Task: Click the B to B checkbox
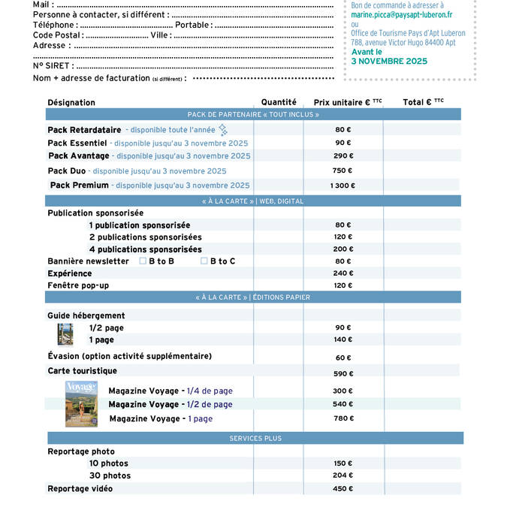tap(143, 261)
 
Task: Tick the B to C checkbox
tap(204, 261)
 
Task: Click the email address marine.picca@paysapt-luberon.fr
tap(401, 14)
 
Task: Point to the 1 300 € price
tap(343, 186)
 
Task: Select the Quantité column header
tap(279, 102)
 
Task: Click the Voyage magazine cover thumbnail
tap(81, 404)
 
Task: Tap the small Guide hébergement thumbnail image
tap(65, 334)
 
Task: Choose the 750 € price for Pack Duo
tap(343, 171)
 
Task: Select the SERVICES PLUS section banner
tap(255, 438)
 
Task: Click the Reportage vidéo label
tap(80, 489)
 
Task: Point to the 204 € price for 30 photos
tap(343, 475)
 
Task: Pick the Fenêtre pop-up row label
tap(78, 285)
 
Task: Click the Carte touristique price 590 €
tap(343, 373)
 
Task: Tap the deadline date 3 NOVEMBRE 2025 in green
tap(389, 61)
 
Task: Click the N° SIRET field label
tap(53, 66)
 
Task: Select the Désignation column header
tap(71, 102)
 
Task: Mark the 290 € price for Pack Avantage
tap(343, 156)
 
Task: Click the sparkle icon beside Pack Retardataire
tap(222, 129)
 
